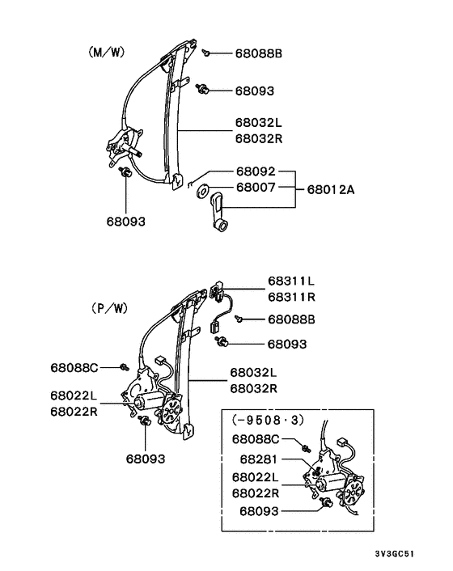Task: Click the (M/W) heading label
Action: tap(106, 53)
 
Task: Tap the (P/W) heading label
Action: tap(109, 309)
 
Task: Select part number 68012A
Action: tap(331, 190)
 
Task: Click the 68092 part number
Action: tap(256, 171)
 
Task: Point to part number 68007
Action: tap(256, 187)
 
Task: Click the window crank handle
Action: tap(219, 212)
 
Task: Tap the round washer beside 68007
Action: tap(202, 191)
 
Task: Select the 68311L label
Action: tap(291, 281)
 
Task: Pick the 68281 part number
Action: tap(259, 459)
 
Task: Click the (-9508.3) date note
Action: tap(268, 421)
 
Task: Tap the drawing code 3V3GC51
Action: tap(395, 554)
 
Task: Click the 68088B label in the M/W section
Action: tap(259, 53)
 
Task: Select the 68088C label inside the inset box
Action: tap(256, 439)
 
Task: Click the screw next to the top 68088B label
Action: tap(206, 53)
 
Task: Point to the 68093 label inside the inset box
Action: tap(259, 511)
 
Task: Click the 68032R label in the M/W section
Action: tap(259, 139)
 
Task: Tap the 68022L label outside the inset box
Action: tap(74, 395)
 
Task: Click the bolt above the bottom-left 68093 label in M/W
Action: tap(125, 171)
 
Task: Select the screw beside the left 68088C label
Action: tap(125, 367)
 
